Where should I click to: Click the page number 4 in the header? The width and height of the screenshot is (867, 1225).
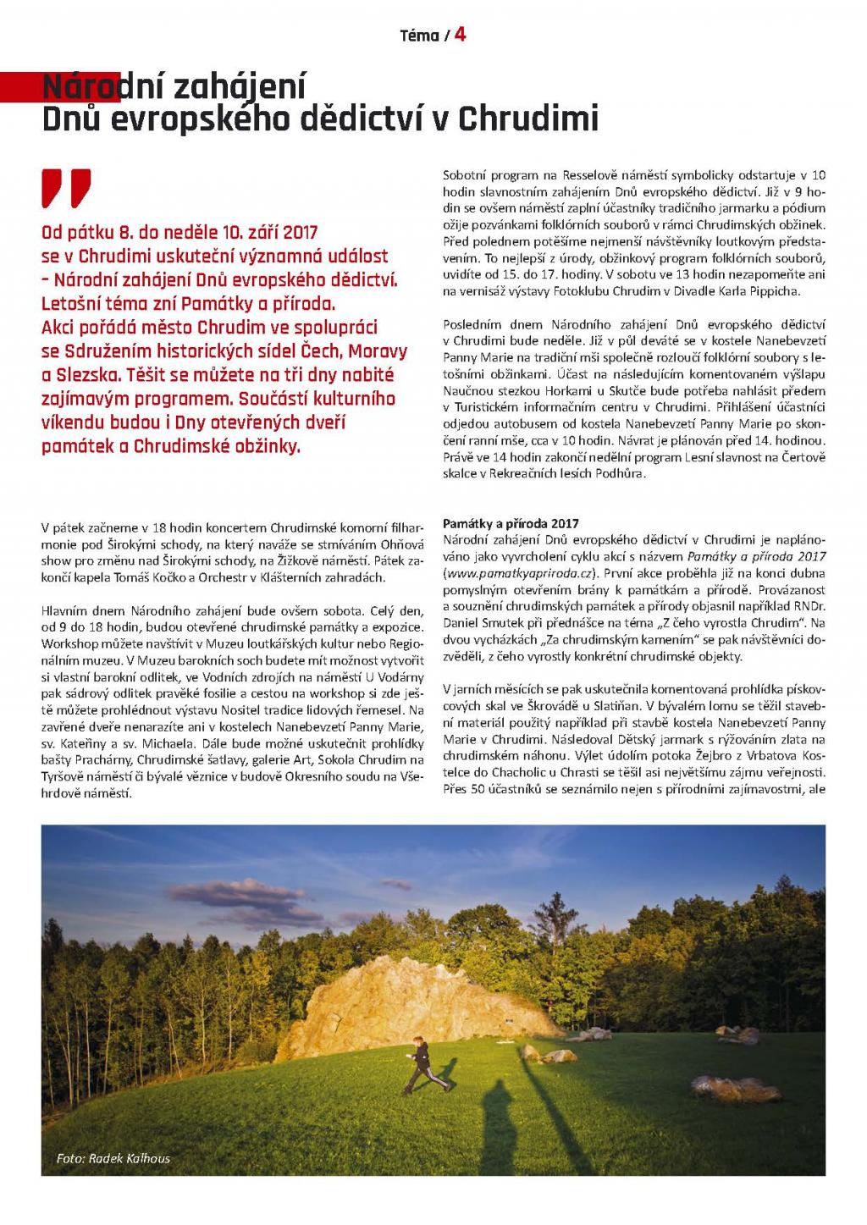[x=461, y=34]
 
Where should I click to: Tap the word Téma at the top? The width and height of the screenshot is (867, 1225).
[x=419, y=36]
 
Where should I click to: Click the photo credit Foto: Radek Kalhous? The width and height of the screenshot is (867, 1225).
[x=113, y=1158]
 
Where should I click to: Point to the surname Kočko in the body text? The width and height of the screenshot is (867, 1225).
[x=208, y=577]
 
